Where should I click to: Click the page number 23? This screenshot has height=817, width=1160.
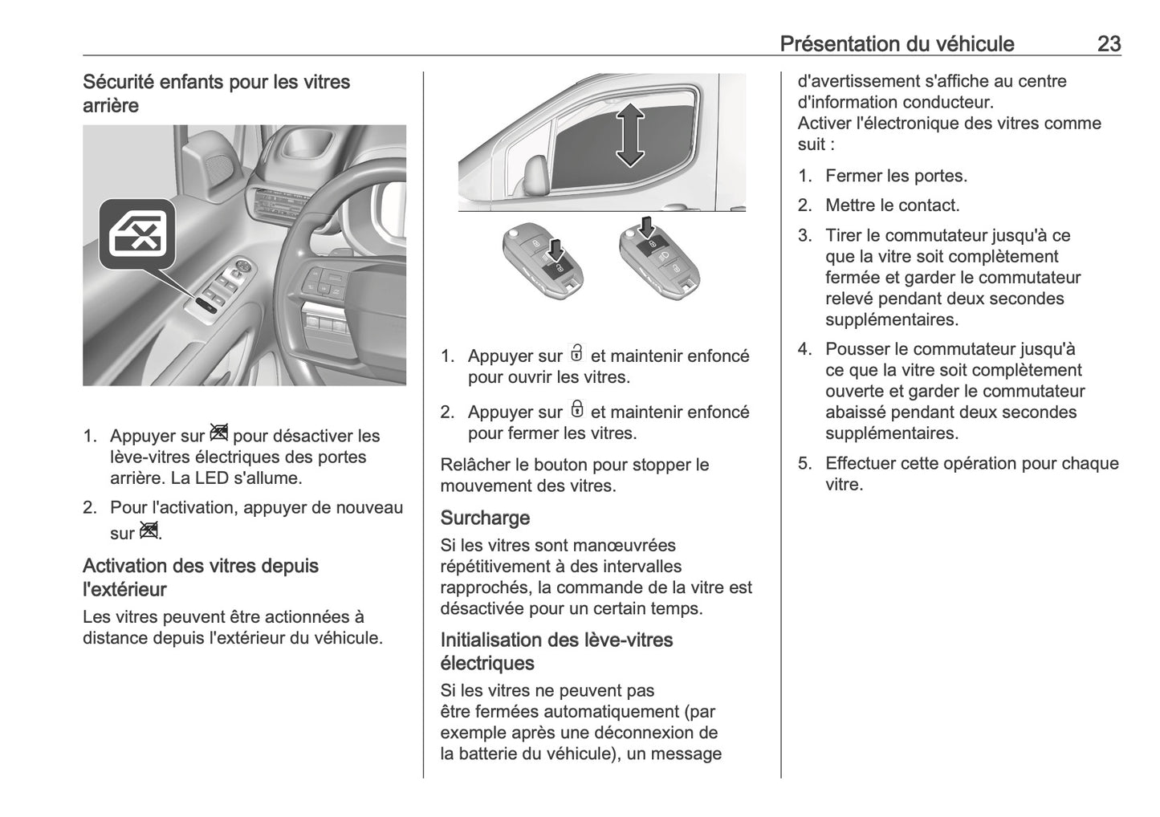coord(1108,43)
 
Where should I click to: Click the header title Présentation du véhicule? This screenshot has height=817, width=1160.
coord(897,43)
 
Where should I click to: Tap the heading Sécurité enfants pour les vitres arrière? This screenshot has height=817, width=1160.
coord(216,93)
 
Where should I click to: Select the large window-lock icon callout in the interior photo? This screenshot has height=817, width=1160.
coord(137,234)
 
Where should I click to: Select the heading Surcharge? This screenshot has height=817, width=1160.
coord(485,518)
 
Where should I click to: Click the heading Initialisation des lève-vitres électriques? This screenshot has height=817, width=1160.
coord(556,651)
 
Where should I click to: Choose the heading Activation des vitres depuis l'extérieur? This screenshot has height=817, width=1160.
coord(201,577)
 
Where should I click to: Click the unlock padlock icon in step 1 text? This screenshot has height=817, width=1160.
coord(576,353)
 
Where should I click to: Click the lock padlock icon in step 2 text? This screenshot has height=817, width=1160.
coord(576,409)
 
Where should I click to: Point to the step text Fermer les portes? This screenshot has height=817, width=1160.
coord(896,176)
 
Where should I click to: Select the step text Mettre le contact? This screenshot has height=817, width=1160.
coord(892,205)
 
